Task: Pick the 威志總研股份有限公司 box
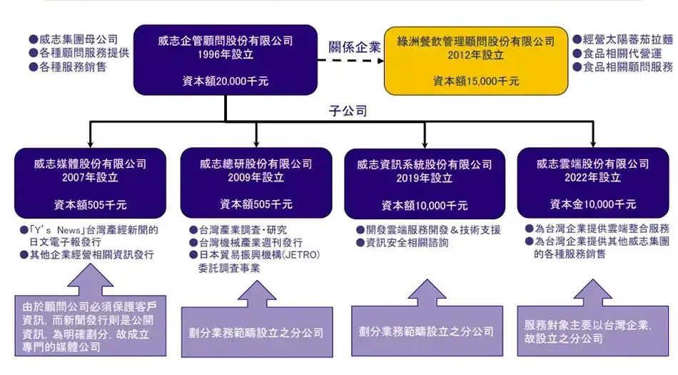point(255,183)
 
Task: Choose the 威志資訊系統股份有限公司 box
point(425,183)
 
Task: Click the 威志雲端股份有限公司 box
point(595,183)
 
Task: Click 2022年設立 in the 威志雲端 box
point(595,177)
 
